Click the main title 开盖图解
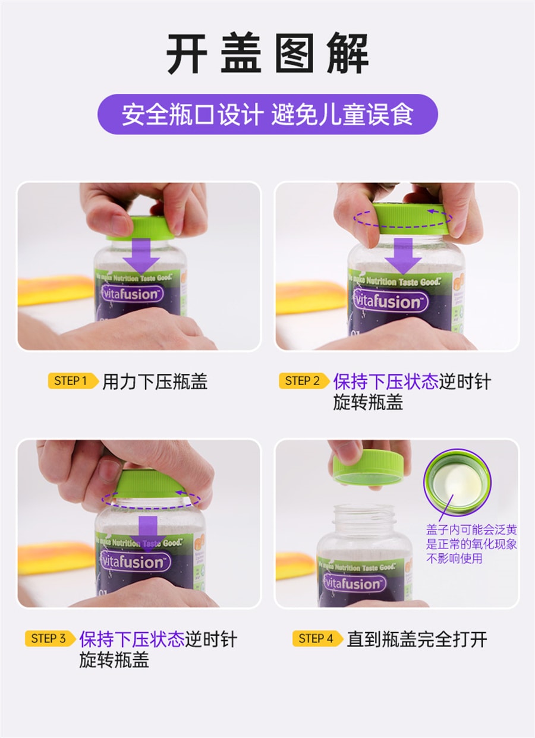[267, 54]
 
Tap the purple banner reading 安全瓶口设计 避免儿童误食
[267, 114]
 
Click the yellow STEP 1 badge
[72, 381]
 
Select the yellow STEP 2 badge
[303, 381]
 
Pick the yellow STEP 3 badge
[49, 639]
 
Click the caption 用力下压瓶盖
[155, 381]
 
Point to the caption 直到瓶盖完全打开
[417, 639]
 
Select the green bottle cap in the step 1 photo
[141, 228]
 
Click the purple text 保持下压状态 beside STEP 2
[385, 381]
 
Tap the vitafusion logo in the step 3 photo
[135, 561]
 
